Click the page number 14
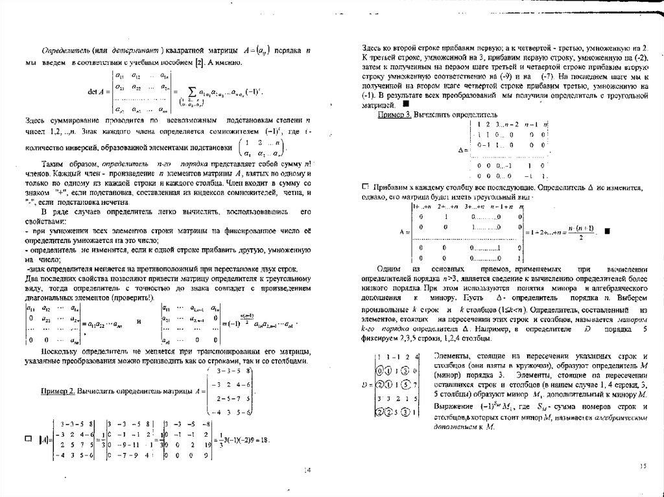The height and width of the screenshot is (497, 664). click(x=307, y=470)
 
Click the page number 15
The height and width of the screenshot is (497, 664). click(x=643, y=465)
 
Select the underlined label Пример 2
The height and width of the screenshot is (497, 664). click(x=56, y=392)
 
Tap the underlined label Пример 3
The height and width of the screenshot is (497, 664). click(x=397, y=114)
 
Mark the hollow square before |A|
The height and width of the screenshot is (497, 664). click(x=27, y=439)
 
